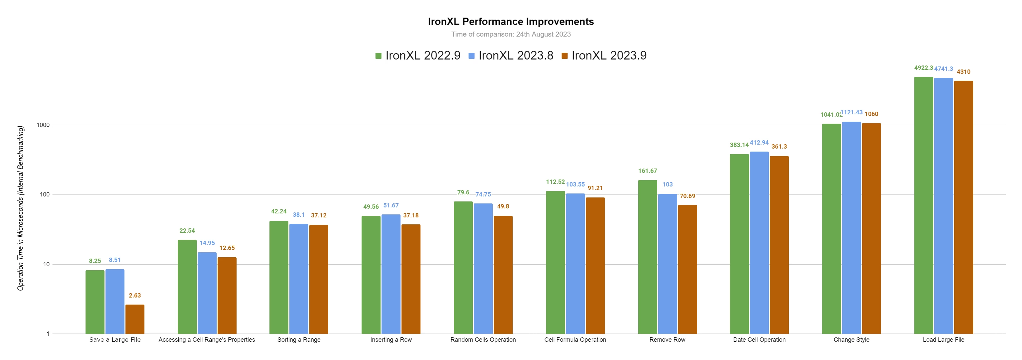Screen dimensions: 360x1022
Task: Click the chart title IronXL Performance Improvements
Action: click(511, 21)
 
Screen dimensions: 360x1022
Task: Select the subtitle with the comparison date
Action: click(511, 34)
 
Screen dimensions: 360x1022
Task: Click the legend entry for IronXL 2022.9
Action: click(418, 56)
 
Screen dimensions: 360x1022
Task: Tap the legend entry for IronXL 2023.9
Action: click(604, 56)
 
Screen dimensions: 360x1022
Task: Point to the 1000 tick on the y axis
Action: click(43, 125)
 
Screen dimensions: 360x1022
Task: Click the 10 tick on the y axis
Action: click(47, 264)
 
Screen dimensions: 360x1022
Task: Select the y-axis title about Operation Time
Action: click(21, 208)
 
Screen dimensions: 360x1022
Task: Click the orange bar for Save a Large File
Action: click(135, 319)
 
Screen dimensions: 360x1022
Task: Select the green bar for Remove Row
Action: click(648, 257)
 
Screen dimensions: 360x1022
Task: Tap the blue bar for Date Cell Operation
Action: click(759, 243)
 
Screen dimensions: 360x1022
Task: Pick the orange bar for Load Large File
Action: click(963, 207)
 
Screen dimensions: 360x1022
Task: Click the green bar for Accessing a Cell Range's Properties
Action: click(187, 287)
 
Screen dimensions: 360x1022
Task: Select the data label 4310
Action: click(963, 72)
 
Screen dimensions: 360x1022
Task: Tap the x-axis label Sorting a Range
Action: click(299, 340)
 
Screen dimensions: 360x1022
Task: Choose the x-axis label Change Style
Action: click(852, 340)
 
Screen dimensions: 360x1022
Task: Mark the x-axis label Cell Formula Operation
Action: click(575, 340)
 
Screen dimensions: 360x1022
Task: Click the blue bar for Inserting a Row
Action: click(391, 274)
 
